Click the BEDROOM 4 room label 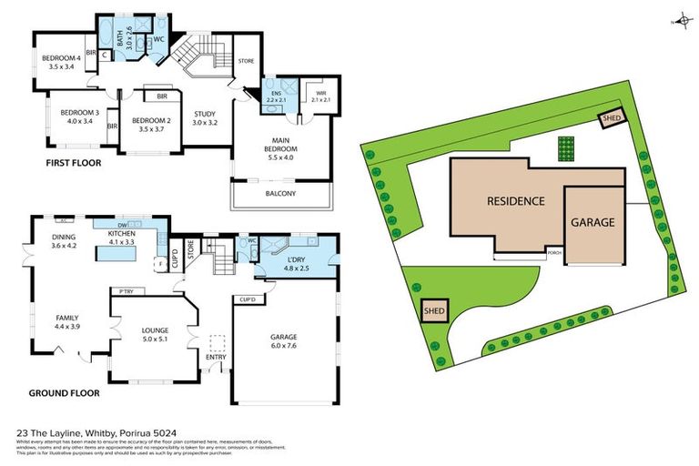pyautogui.click(x=60, y=61)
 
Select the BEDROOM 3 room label pyautogui.click(x=76, y=115)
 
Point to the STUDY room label pyautogui.click(x=205, y=116)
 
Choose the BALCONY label pyautogui.click(x=282, y=193)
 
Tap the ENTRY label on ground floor pyautogui.click(x=216, y=357)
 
